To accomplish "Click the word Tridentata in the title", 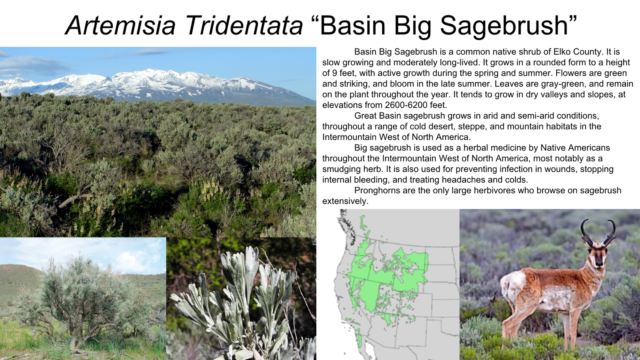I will coord(244,26).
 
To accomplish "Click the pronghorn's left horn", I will coord(585,232).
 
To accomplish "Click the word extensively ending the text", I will coord(345,201).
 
